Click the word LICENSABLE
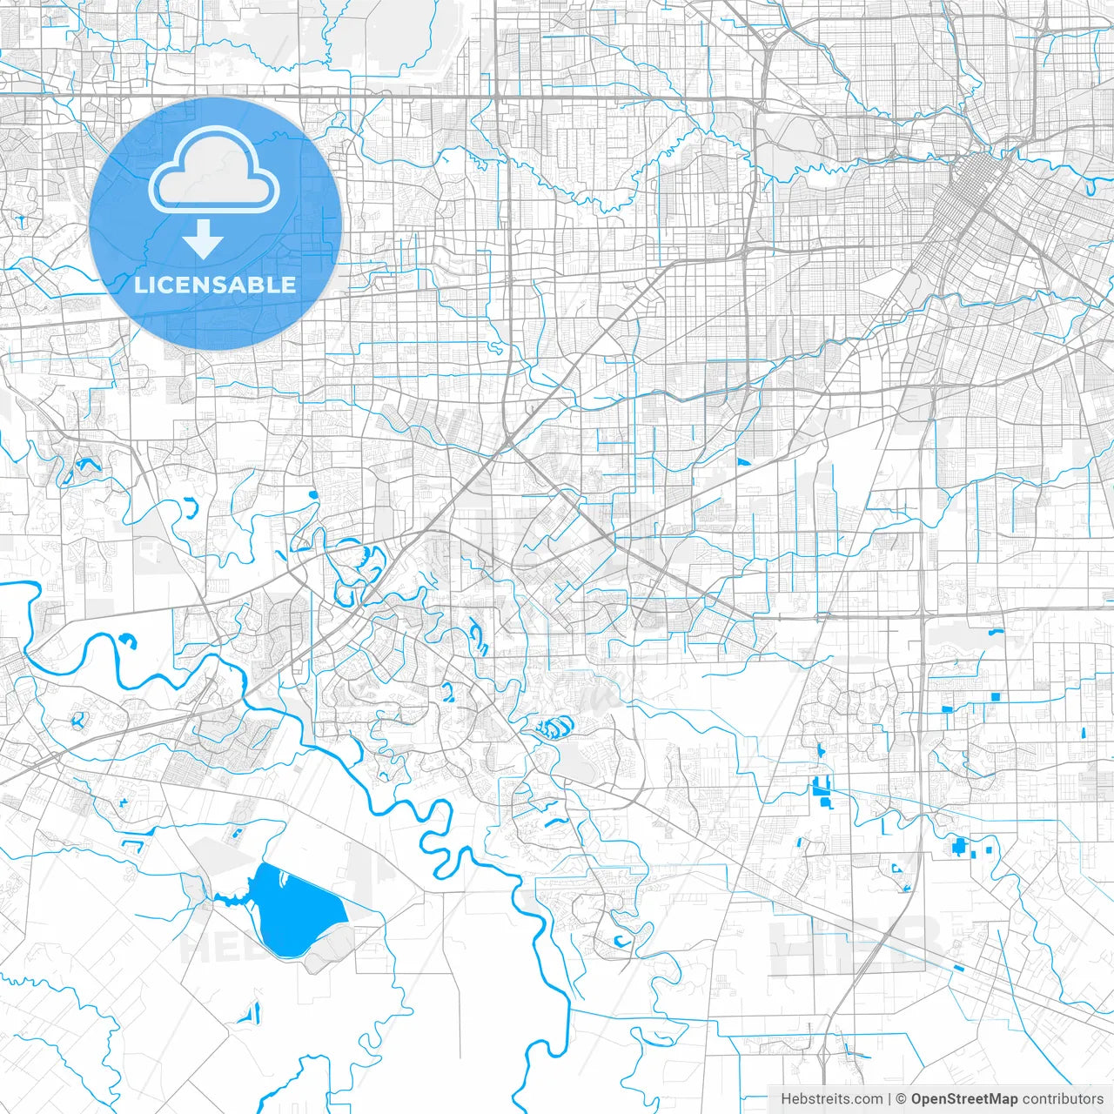pyautogui.click(x=214, y=285)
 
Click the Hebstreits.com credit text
pyautogui.click(x=831, y=1099)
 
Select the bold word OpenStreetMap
pyautogui.click(x=964, y=1099)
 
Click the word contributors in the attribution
pyautogui.click(x=1063, y=1099)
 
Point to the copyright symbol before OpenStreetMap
pyautogui.click(x=902, y=1099)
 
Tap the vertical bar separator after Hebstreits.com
pyautogui.click(x=889, y=1099)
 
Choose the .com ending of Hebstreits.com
pyautogui.click(x=867, y=1099)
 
